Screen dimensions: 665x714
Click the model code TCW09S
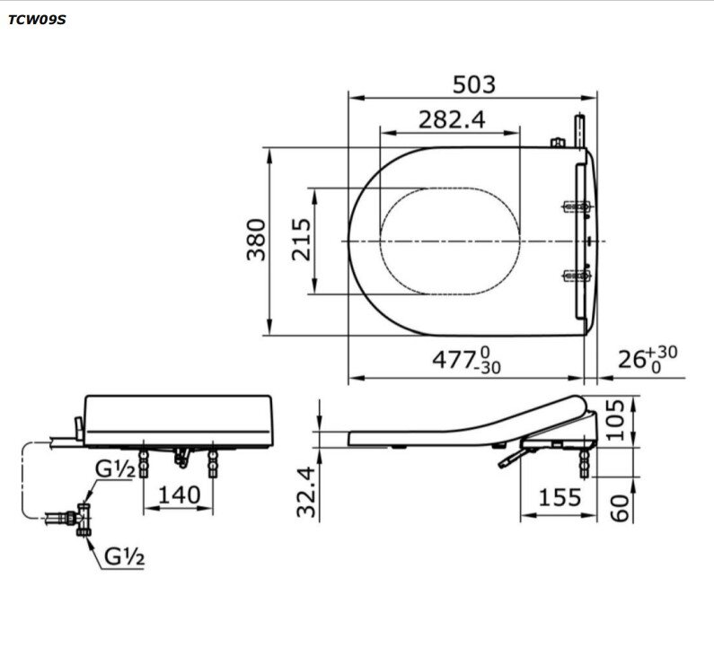37,19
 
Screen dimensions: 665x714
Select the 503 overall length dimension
473,84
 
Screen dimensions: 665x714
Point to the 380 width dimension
257,240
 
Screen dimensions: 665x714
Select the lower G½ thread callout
125,556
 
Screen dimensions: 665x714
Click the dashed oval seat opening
450,241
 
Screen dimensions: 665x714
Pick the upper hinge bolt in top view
576,207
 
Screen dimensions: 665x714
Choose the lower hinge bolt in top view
576,276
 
